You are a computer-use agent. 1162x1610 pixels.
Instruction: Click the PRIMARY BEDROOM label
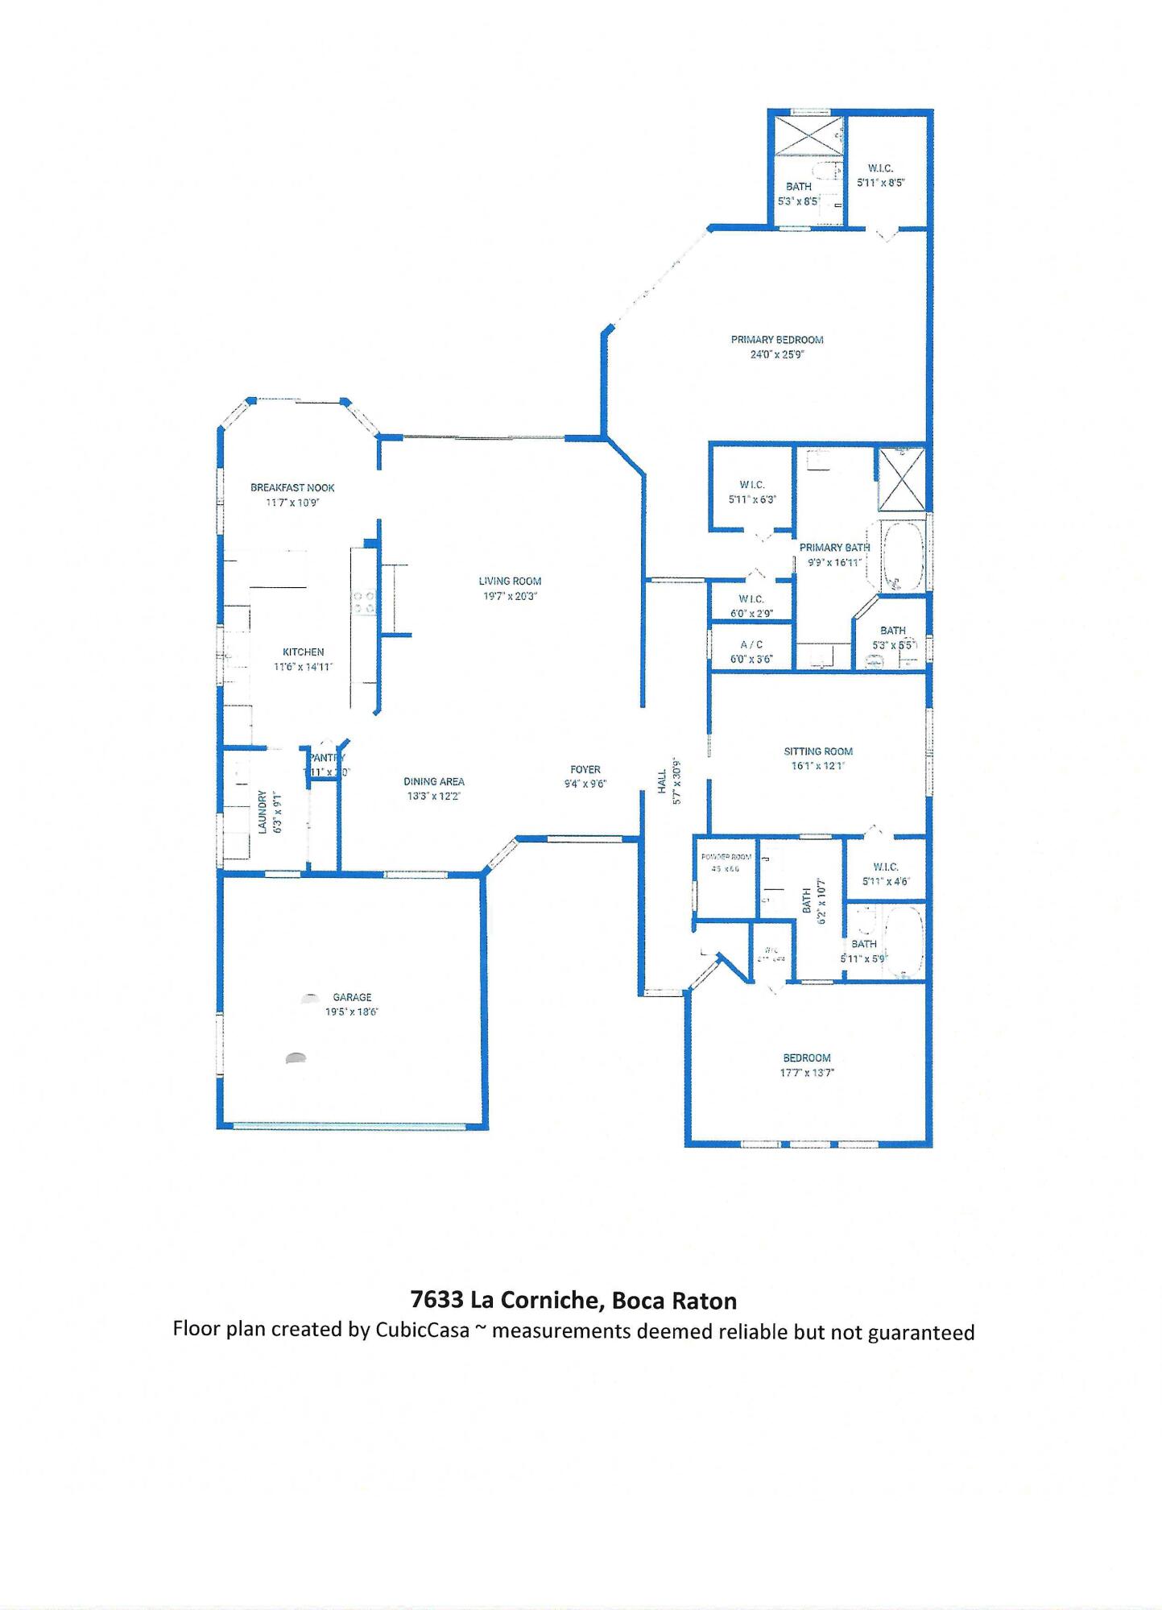point(776,340)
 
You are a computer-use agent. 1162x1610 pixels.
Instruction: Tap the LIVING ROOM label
point(510,581)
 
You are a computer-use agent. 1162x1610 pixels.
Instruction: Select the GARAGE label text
point(352,997)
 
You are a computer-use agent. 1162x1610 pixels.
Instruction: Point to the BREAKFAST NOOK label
point(292,487)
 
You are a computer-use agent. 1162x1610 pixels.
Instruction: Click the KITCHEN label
point(303,652)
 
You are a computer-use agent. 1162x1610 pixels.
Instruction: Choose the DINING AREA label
point(433,781)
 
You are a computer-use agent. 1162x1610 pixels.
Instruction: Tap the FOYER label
point(585,769)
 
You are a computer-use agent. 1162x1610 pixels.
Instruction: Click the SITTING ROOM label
point(818,751)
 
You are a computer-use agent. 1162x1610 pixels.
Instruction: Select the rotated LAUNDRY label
point(263,811)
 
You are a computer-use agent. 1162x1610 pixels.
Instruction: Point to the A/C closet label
point(751,644)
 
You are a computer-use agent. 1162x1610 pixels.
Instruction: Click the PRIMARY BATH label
point(834,548)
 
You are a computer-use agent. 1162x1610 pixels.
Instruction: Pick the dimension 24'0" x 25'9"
point(776,354)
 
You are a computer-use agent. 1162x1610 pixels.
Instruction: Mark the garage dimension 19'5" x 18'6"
point(351,1012)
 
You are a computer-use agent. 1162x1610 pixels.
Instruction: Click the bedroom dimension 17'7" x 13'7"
point(807,1073)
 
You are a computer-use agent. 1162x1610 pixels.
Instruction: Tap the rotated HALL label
point(662,781)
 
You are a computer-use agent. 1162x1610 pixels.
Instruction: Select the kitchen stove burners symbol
point(364,602)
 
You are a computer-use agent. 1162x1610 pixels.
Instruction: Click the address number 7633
point(436,1301)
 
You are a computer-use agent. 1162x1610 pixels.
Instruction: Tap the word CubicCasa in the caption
point(422,1330)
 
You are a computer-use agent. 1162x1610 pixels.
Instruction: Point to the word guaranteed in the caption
point(920,1333)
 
